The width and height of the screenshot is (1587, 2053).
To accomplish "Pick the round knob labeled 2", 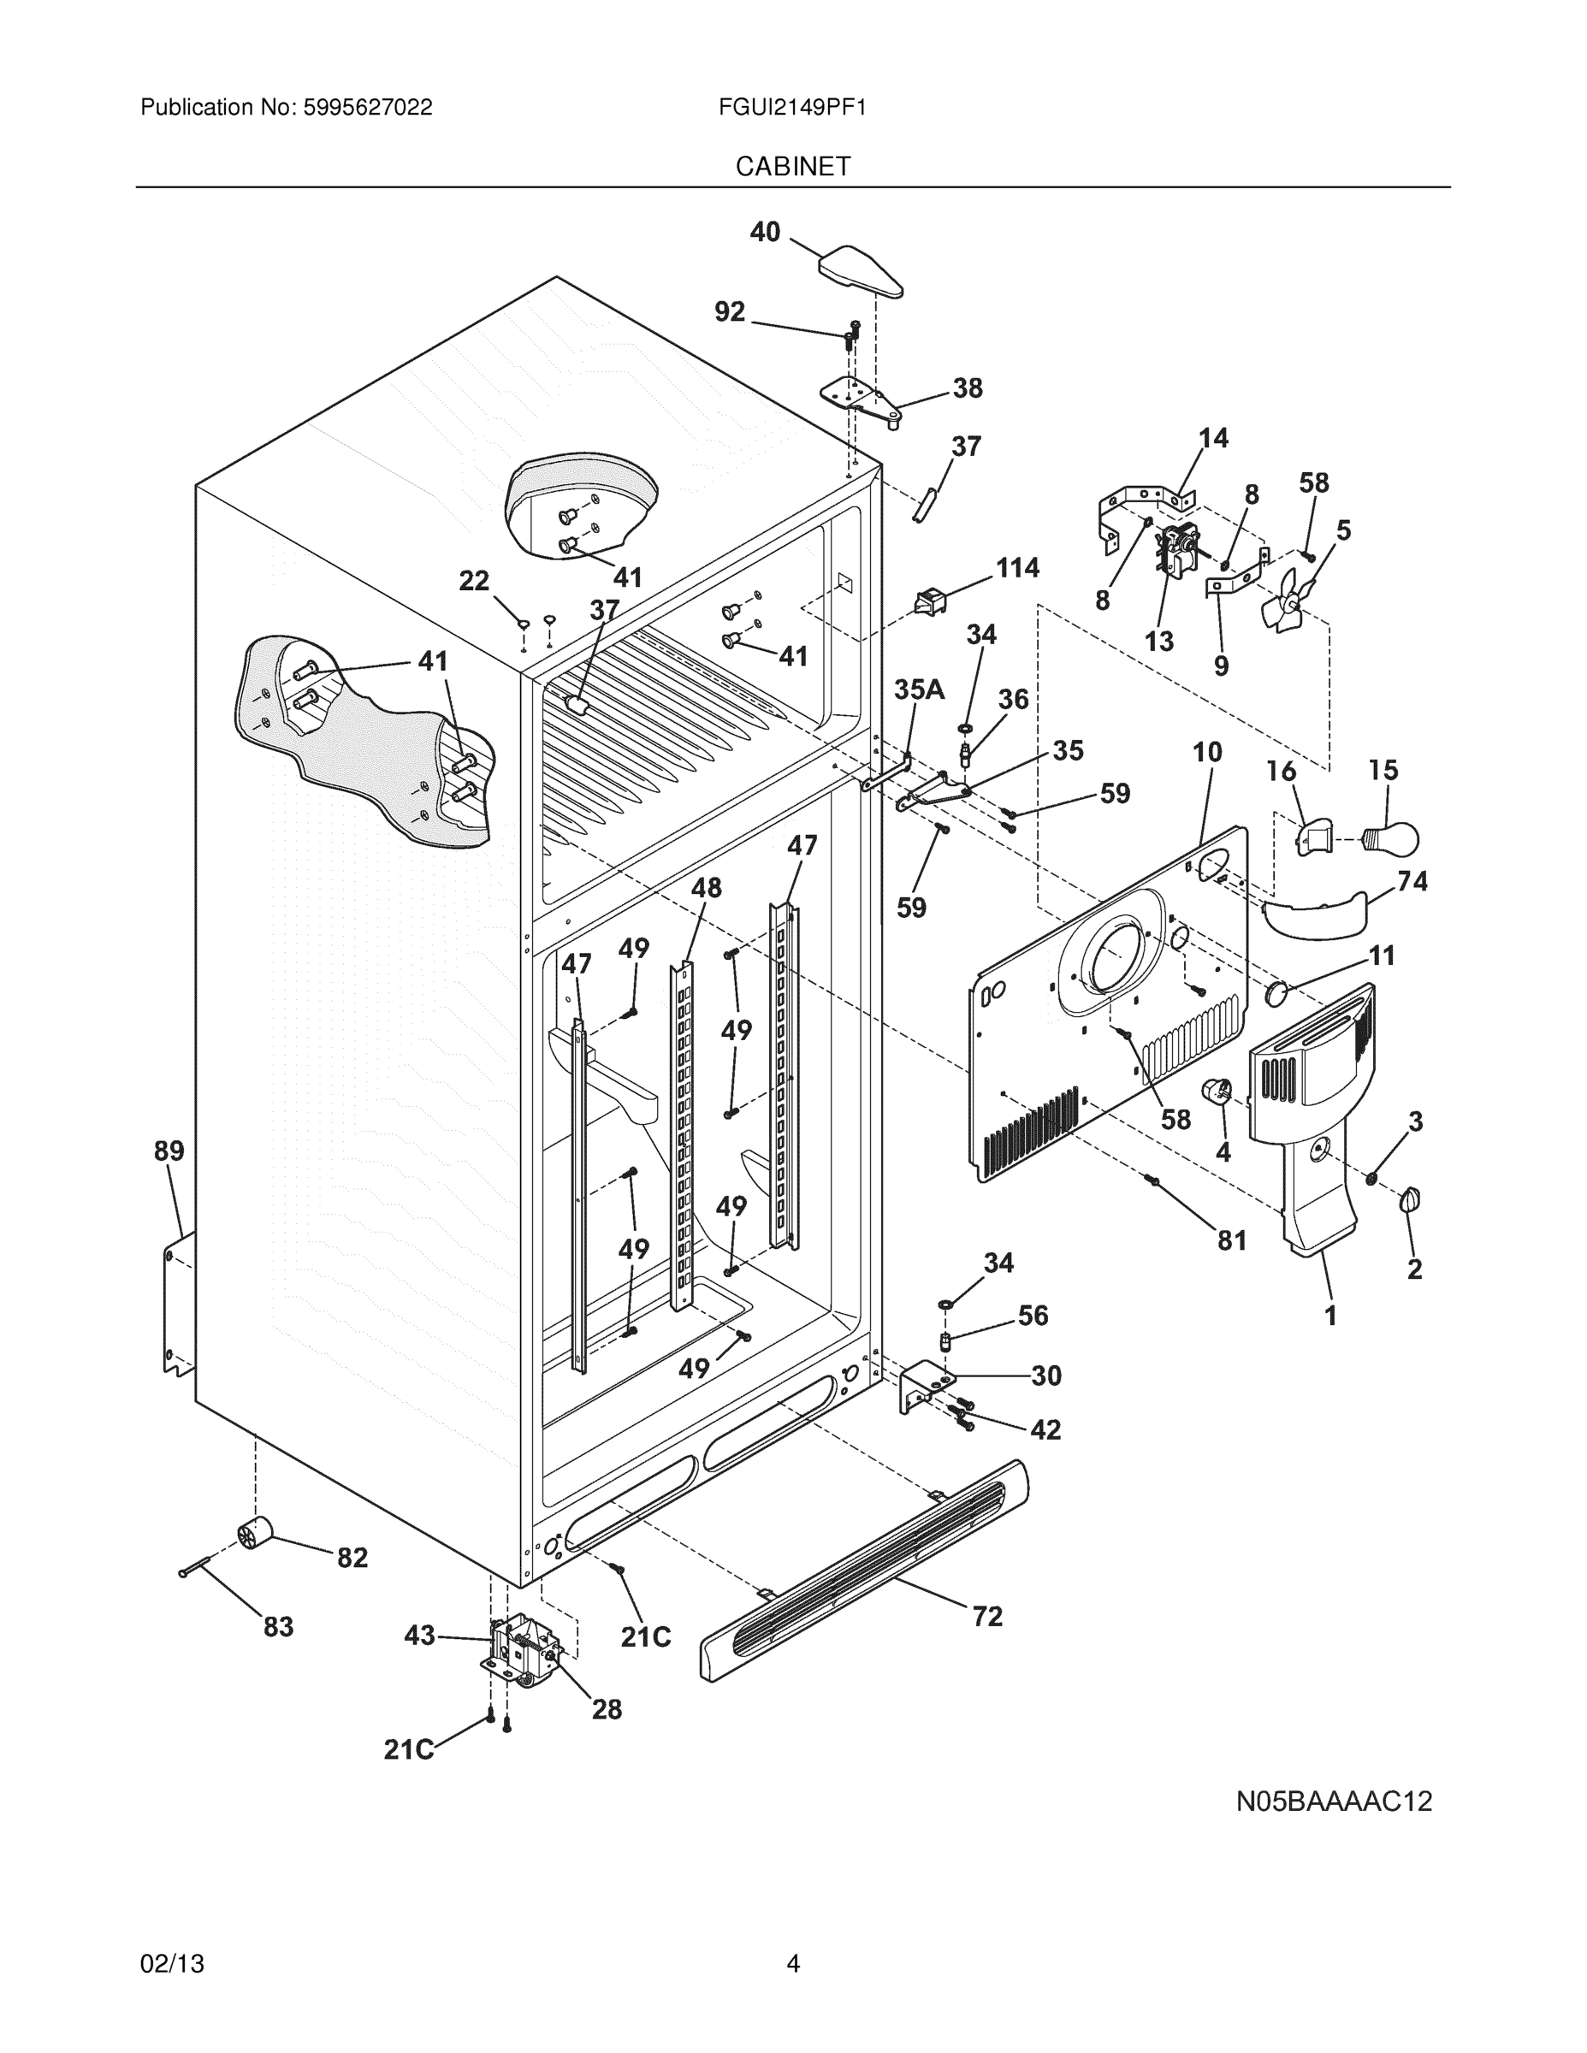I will (x=1410, y=1200).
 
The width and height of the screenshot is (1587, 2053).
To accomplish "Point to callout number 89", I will (x=169, y=1151).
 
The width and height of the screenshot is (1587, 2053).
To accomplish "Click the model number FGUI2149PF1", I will (x=791, y=107).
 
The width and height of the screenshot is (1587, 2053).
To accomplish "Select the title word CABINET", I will (x=792, y=167).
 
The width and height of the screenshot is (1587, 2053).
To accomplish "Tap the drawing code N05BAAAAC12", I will (x=1333, y=1801).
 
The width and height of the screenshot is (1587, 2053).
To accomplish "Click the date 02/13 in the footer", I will (x=172, y=1963).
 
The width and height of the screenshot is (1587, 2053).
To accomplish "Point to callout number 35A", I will (x=919, y=690).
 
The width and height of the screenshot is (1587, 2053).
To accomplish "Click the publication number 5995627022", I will (x=368, y=107).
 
